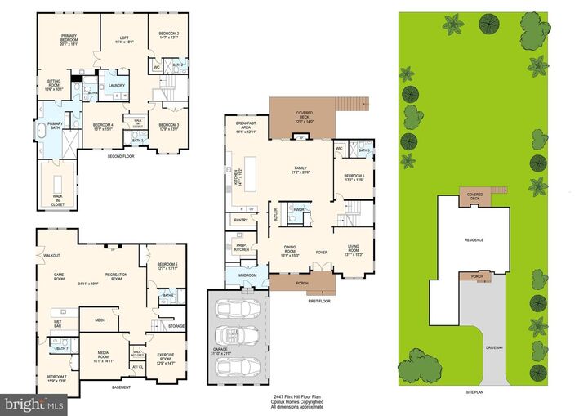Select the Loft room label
click(122, 35)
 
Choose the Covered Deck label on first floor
click(304, 115)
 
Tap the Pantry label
click(240, 220)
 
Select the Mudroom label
click(247, 275)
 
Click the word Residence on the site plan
click(474, 239)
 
